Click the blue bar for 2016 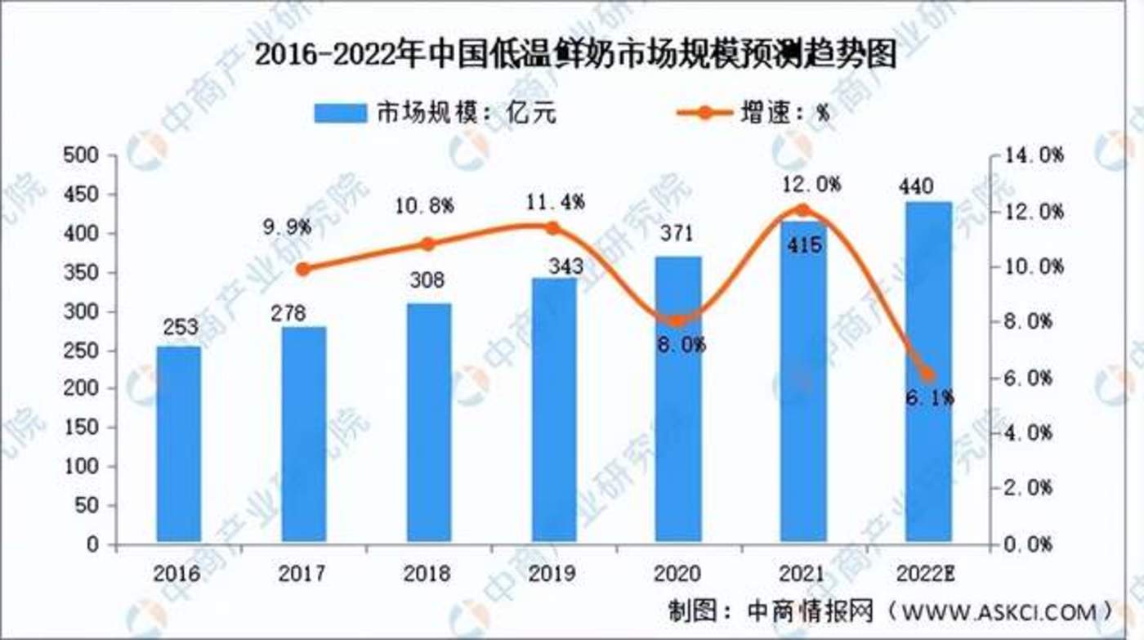click(178, 443)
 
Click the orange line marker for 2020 click(678, 320)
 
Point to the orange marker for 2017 click(303, 268)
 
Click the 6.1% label click(928, 398)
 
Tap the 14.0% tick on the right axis click(1035, 155)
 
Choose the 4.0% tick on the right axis click(1035, 433)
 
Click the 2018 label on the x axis click(428, 573)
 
